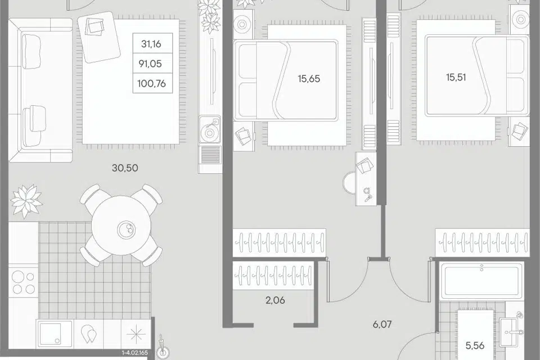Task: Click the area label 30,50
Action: (125, 168)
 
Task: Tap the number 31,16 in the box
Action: (151, 44)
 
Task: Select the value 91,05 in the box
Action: (151, 64)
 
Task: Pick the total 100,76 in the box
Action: (151, 83)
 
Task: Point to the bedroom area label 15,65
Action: (309, 79)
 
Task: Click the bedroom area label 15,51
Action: (456, 77)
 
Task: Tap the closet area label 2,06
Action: (275, 300)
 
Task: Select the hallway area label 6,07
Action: (382, 324)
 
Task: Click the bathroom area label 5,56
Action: (475, 345)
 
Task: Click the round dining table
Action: (121, 228)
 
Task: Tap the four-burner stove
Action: (24, 282)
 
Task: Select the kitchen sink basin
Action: (55, 334)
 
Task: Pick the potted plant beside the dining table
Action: (26, 201)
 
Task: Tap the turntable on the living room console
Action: (209, 129)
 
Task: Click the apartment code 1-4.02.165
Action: (134, 353)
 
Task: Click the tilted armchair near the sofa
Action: (99, 37)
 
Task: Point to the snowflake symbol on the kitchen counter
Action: (133, 334)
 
